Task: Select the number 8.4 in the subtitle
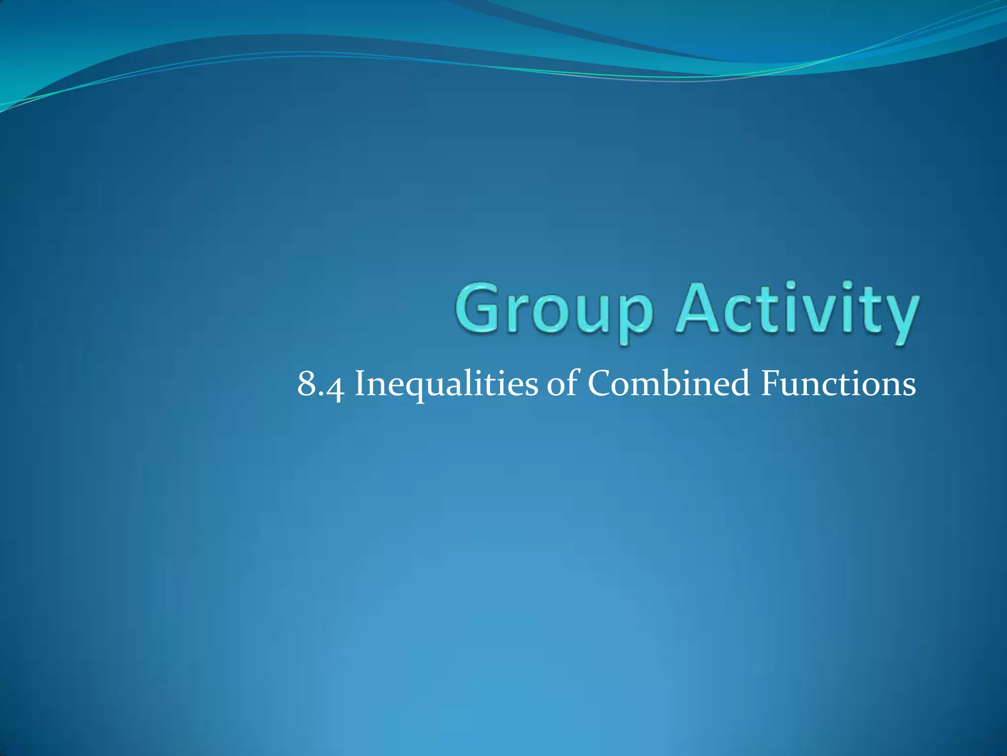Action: pos(320,384)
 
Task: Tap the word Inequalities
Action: pos(446,384)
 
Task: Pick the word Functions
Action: pos(838,384)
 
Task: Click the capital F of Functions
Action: pos(770,383)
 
